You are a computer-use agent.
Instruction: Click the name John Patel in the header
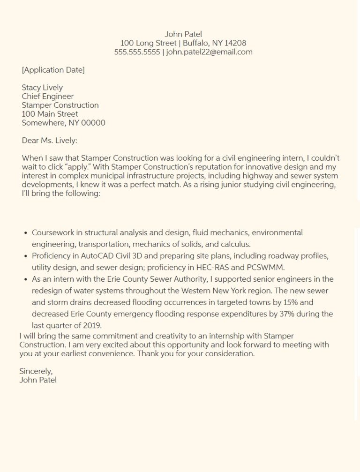click(x=183, y=34)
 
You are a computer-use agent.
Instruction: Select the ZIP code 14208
click(x=235, y=43)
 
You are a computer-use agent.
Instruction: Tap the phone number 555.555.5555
click(x=137, y=52)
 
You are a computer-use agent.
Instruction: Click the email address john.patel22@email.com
click(x=209, y=52)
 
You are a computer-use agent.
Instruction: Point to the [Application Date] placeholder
click(x=53, y=70)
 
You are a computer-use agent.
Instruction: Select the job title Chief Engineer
click(x=48, y=97)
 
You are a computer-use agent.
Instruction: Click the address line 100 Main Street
click(x=50, y=114)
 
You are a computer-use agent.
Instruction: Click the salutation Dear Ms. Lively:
click(x=49, y=140)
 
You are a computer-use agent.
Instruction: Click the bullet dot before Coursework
click(x=25, y=232)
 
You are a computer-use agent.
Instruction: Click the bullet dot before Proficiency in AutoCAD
click(x=25, y=256)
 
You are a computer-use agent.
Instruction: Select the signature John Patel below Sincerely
click(x=38, y=380)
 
